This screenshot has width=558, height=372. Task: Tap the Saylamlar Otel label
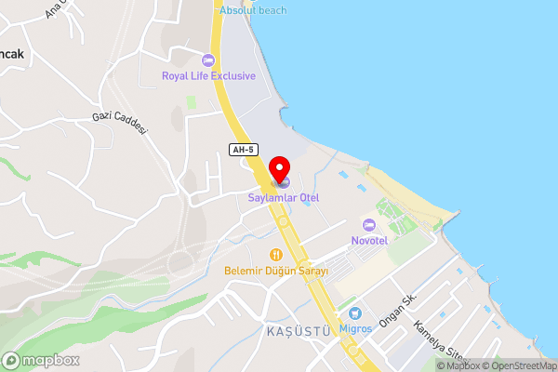(x=283, y=197)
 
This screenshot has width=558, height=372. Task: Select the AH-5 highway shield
(x=242, y=150)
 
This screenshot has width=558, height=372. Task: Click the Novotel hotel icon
(x=369, y=225)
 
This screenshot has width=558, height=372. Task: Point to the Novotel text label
(x=369, y=241)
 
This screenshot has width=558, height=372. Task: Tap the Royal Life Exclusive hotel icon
(x=207, y=60)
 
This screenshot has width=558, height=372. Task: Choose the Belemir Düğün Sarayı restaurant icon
(x=275, y=254)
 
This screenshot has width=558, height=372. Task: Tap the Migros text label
(x=355, y=328)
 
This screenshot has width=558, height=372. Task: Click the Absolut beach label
(x=253, y=10)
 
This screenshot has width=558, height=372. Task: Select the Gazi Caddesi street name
(x=120, y=121)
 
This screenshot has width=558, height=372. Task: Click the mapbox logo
(x=41, y=360)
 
